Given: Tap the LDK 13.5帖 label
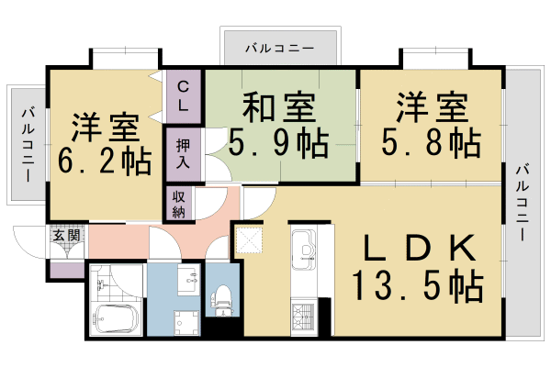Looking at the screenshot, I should pos(416,267).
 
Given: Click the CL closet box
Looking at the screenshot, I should pos(184,95).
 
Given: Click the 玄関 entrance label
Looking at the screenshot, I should pos(65,235).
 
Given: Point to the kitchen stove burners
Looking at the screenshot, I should pos(304,317).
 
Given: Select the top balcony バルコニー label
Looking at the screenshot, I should pos(281,46).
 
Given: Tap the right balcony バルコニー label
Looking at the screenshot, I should pos(522,202).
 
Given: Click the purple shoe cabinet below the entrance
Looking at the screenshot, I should pos(66,272).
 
